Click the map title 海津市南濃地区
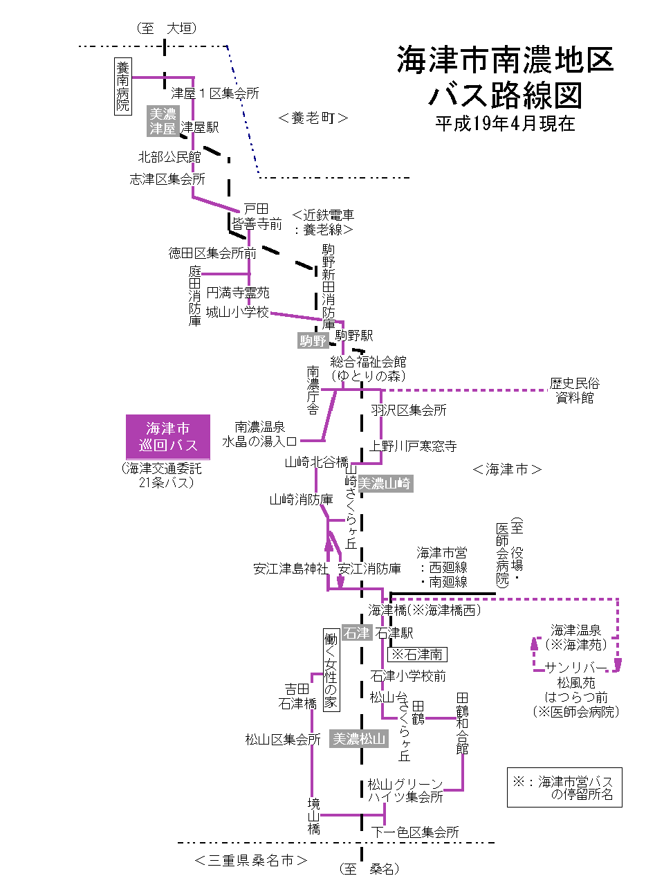tap(505, 61)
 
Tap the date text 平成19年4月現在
tap(505, 124)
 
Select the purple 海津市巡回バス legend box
tap(168, 437)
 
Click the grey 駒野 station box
tap(313, 340)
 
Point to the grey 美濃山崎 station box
tap(385, 484)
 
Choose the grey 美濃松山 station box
tap(359, 739)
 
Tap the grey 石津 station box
tap(357, 633)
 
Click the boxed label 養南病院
tap(122, 86)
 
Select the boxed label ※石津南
tap(417, 654)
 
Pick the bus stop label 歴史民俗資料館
tap(574, 390)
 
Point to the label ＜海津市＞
tap(507, 470)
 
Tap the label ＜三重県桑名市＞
tap(250, 861)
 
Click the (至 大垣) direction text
tap(167, 28)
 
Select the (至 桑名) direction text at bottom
tap(369, 869)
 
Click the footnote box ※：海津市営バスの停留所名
tap(564, 787)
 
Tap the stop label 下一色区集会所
tap(415, 832)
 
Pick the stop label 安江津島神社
tap(290, 569)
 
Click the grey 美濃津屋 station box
tap(163, 121)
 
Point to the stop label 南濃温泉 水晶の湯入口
tap(259, 434)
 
